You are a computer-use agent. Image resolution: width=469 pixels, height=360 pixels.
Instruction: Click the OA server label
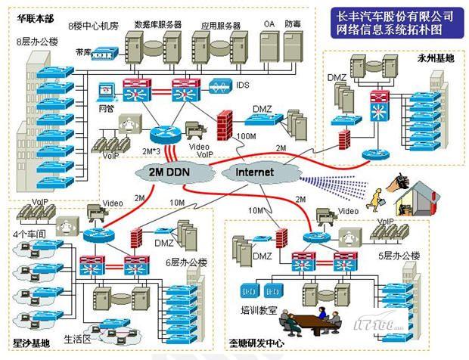[x=269, y=24]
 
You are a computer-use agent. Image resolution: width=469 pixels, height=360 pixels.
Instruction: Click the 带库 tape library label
[x=82, y=52]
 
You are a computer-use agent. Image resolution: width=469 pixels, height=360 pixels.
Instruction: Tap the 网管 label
[x=106, y=108]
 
